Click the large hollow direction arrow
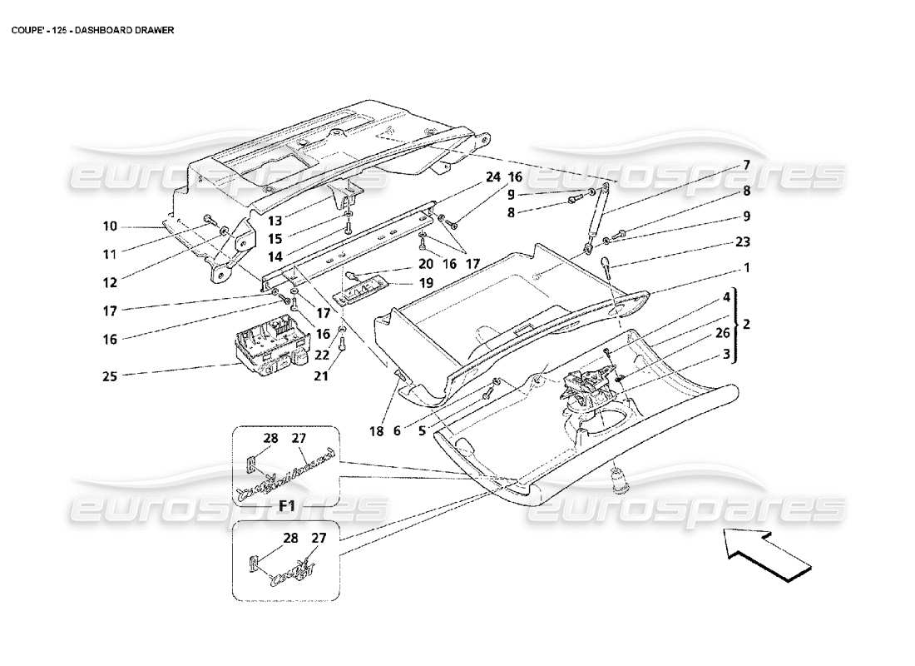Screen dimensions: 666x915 (x=766, y=555)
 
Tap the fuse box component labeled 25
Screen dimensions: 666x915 (x=268, y=350)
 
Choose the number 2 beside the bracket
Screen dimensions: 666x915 (x=746, y=325)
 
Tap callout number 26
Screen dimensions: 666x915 (x=723, y=333)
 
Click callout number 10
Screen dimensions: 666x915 (x=111, y=225)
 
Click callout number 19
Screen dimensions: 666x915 (x=425, y=283)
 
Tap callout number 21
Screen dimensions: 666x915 (x=321, y=377)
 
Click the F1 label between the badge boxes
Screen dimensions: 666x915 (x=288, y=505)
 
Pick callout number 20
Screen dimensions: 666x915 (x=425, y=263)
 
